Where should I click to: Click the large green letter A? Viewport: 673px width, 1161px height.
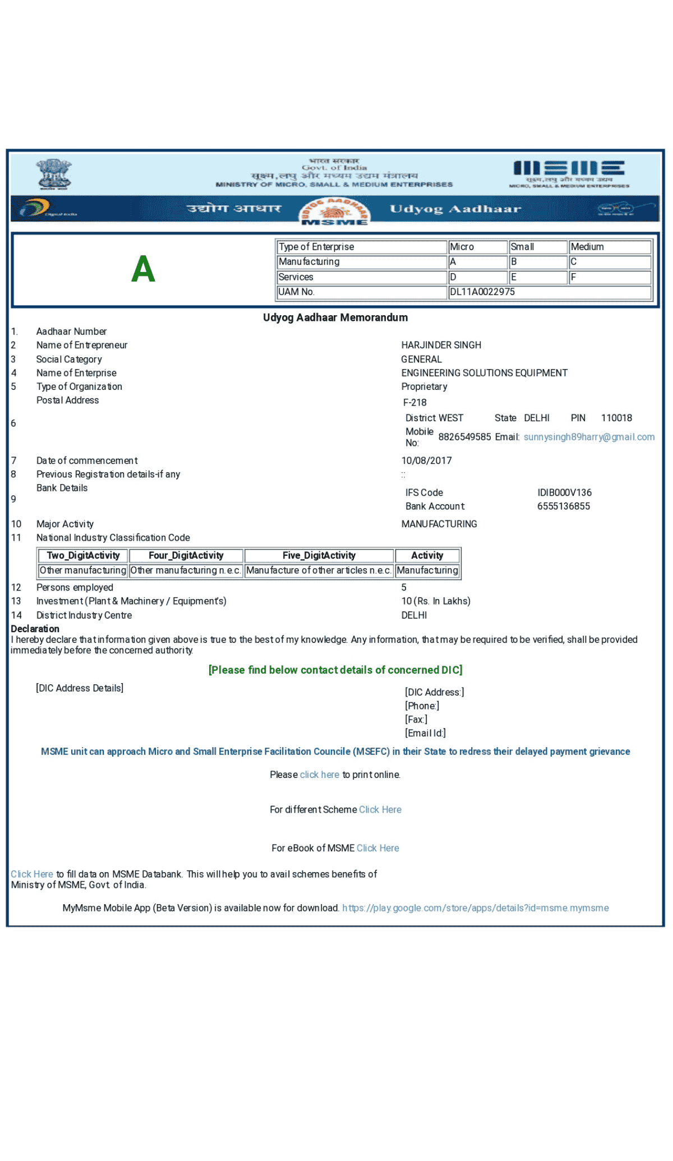click(143, 269)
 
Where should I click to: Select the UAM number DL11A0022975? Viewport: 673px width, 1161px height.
click(482, 292)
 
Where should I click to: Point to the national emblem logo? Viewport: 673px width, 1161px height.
click(54, 174)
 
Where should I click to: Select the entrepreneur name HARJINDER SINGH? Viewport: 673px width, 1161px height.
click(441, 345)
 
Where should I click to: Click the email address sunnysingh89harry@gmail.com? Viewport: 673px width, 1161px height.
click(589, 437)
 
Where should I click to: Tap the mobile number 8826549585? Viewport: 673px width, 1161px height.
click(464, 437)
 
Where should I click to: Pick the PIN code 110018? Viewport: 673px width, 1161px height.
click(616, 418)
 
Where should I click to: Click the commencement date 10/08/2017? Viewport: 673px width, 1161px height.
click(426, 460)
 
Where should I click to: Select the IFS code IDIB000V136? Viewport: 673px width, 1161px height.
click(564, 492)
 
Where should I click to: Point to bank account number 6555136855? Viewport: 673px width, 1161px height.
click(564, 506)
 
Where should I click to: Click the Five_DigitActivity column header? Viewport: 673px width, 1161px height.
click(319, 555)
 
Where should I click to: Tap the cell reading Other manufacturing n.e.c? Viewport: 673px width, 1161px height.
click(186, 570)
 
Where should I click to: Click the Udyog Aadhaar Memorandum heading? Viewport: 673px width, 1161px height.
click(335, 317)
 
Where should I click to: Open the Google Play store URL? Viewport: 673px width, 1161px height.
click(475, 908)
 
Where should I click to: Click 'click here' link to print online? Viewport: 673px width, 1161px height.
click(319, 775)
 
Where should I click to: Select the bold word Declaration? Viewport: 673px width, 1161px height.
click(35, 629)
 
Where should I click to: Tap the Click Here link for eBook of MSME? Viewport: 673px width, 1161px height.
click(377, 848)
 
